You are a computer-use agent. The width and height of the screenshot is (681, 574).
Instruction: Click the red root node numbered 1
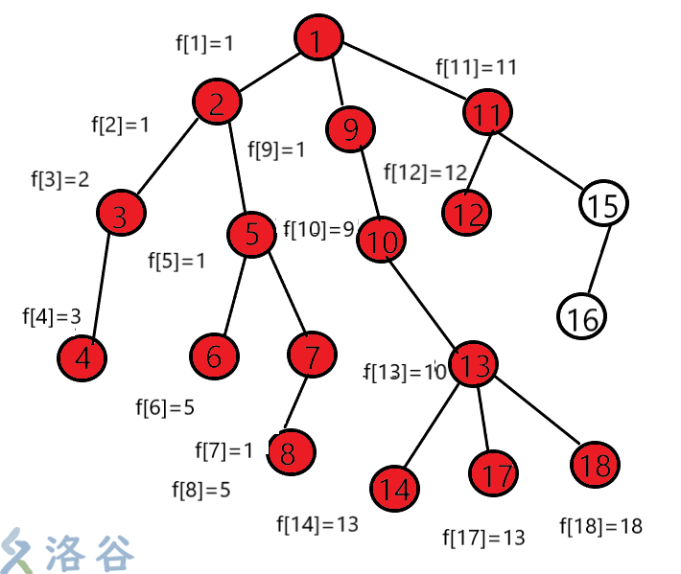[x=318, y=39]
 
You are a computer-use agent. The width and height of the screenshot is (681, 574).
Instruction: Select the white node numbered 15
[x=604, y=203]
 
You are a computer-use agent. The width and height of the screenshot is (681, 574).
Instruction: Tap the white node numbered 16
[x=582, y=317]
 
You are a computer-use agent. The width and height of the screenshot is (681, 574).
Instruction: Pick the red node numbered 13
[x=473, y=364]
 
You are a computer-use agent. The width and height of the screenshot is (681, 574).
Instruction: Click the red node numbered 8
[x=291, y=450]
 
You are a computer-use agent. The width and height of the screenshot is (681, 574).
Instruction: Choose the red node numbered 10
[x=382, y=241]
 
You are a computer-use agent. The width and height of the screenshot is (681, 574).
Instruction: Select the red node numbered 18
[x=595, y=467]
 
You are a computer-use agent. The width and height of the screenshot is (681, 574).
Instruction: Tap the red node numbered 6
[x=213, y=356]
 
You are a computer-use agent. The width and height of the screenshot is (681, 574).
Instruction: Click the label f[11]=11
[x=477, y=68]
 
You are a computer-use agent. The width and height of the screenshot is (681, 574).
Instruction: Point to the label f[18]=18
[x=600, y=526]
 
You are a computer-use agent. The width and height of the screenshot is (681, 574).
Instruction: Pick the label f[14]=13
[x=317, y=524]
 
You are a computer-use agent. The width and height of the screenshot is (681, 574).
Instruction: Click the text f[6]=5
[x=165, y=407]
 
